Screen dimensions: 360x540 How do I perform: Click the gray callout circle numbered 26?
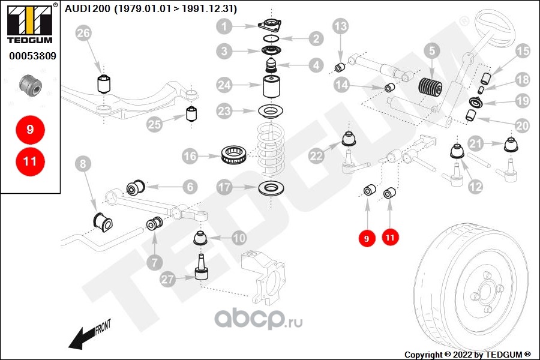[x=84, y=35]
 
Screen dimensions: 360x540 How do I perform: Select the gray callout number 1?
[x=224, y=26]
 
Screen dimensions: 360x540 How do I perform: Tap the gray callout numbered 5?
[x=431, y=52]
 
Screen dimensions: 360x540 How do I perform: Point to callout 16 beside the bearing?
[x=190, y=157]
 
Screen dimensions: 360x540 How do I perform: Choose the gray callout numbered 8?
[x=83, y=163]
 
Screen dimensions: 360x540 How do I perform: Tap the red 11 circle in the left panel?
[x=30, y=161]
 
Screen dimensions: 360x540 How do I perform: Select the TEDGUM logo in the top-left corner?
[x=29, y=25]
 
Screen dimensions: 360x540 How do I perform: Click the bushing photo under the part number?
[x=31, y=86]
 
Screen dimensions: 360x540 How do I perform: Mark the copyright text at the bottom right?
[x=468, y=355]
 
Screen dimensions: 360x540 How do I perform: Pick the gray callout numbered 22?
[x=317, y=155]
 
